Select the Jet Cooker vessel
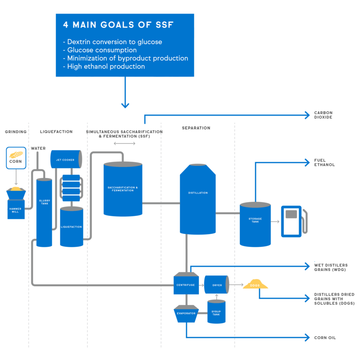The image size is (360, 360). click(x=66, y=159)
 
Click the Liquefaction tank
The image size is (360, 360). click(x=72, y=226)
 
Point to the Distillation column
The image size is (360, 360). click(x=198, y=198)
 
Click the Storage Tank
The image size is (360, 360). click(x=255, y=224)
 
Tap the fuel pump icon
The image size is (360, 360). click(x=292, y=221)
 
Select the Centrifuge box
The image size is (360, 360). click(x=186, y=284)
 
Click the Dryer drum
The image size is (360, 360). click(x=216, y=284)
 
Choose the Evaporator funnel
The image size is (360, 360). click(x=185, y=313)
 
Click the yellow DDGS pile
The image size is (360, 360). click(x=255, y=285)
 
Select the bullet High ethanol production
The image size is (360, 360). click(x=106, y=67)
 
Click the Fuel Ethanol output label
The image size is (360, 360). click(x=324, y=162)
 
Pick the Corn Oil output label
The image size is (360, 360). click(x=325, y=337)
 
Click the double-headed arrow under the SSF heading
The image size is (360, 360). click(x=124, y=144)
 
